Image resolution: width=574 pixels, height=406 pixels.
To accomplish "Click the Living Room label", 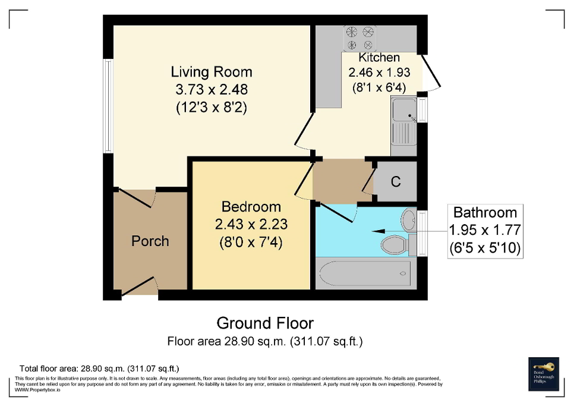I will click(x=211, y=72).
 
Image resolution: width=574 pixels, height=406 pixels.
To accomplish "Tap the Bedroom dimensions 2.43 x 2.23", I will click(x=251, y=225).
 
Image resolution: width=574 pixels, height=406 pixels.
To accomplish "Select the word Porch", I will click(x=150, y=241).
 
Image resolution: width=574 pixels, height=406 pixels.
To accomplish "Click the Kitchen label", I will click(x=379, y=58).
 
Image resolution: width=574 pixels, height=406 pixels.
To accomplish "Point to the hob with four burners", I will click(x=360, y=37).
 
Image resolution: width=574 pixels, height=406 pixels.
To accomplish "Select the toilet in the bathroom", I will click(x=396, y=243).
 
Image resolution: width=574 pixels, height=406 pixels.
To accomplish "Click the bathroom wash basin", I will click(x=408, y=220).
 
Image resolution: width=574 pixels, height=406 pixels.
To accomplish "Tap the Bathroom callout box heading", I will click(x=485, y=212).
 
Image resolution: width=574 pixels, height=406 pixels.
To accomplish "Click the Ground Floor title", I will click(x=265, y=323).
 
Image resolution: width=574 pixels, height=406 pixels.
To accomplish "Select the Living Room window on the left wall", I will click(x=108, y=105).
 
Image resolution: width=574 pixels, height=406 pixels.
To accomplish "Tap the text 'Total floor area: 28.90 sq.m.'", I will click(x=99, y=369).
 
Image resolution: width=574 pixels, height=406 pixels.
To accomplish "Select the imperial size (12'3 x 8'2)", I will click(x=211, y=108).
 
